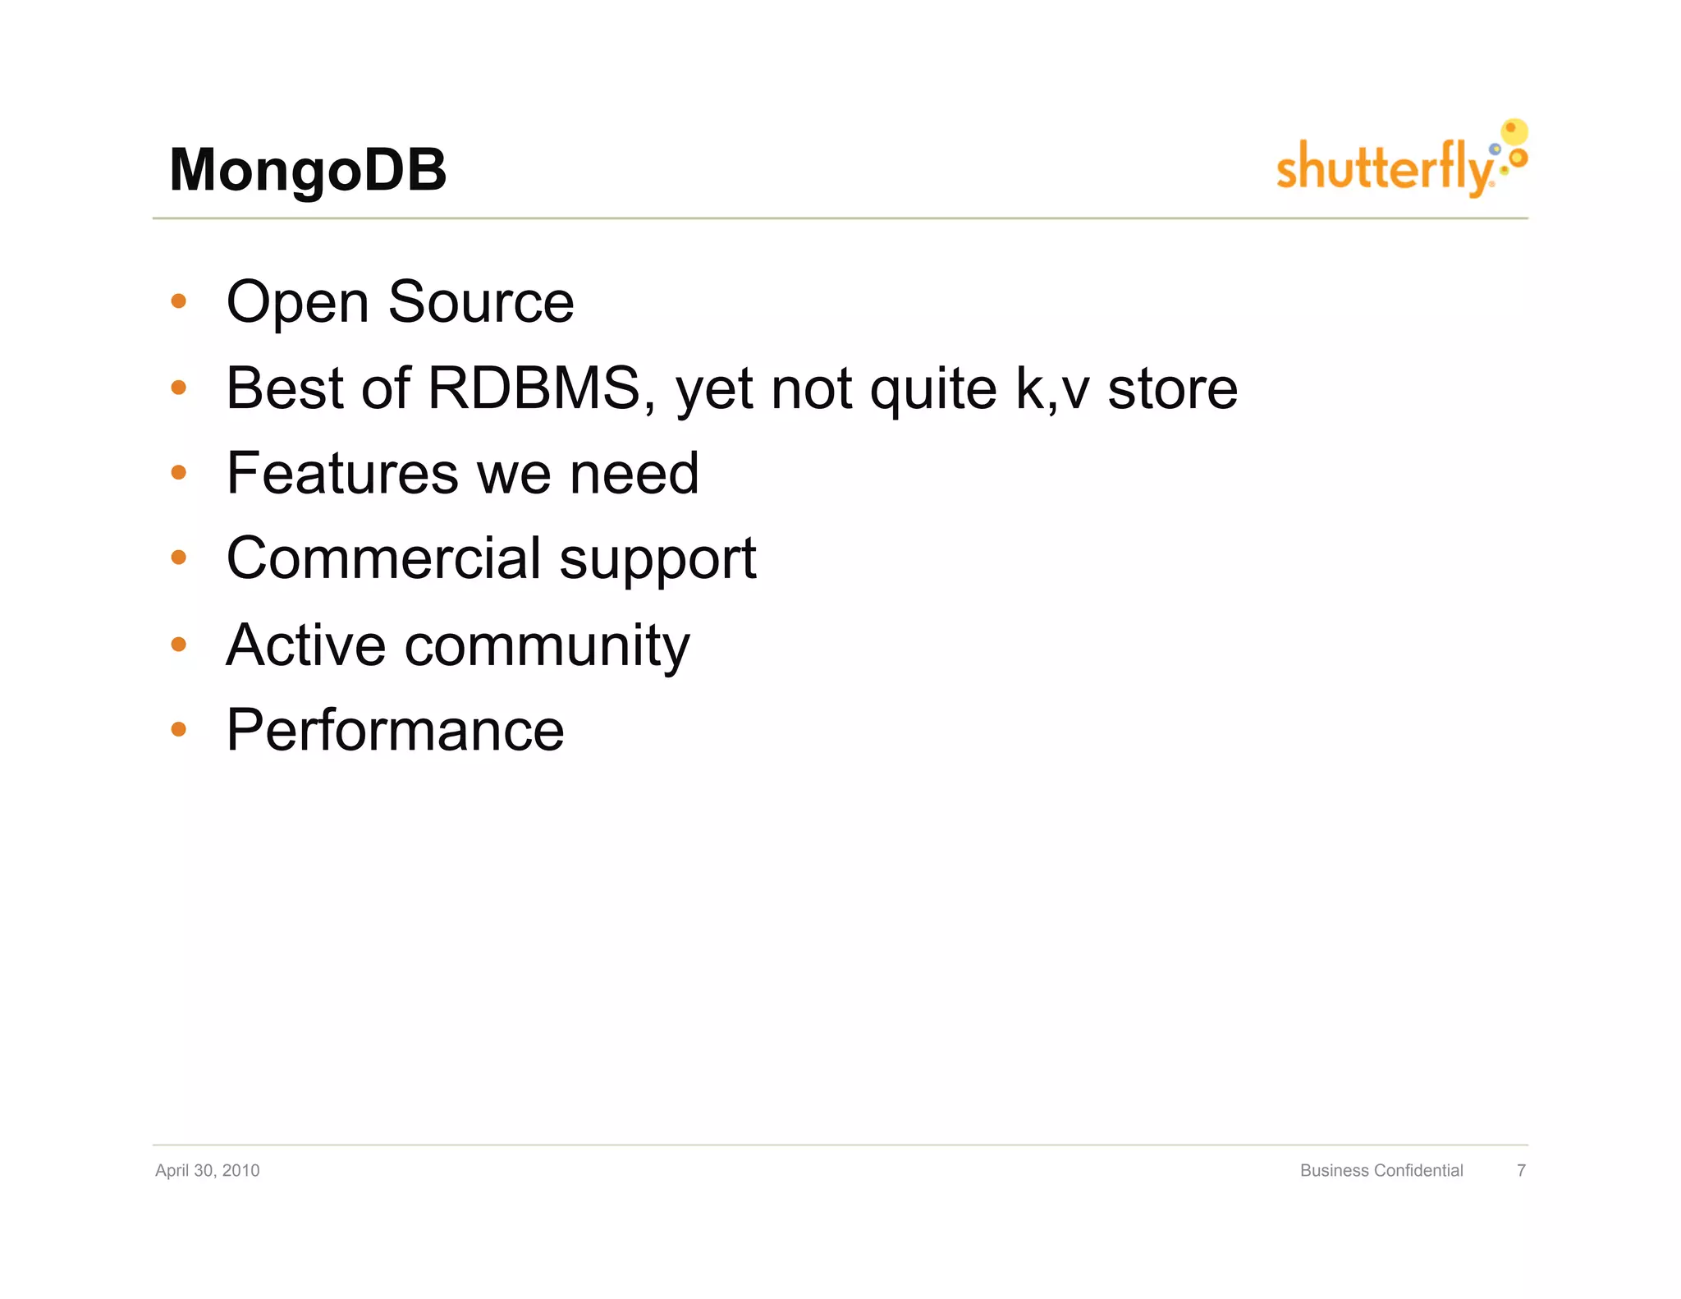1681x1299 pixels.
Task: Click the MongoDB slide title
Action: (308, 170)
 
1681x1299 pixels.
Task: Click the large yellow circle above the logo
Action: (1514, 131)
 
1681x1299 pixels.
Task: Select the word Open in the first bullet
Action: (297, 304)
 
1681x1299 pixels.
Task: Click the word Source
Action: (480, 302)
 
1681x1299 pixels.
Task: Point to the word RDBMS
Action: (534, 388)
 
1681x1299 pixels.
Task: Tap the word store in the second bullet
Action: (1172, 389)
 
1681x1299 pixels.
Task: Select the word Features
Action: (342, 474)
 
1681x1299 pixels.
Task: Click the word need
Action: (634, 474)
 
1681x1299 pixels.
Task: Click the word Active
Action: (305, 645)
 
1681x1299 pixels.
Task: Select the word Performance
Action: (395, 730)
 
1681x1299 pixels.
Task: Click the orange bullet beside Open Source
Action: (179, 301)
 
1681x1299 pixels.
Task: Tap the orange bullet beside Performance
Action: (179, 729)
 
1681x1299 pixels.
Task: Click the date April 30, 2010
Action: (207, 1170)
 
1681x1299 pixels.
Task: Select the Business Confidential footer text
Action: (1381, 1170)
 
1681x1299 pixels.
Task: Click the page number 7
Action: (1521, 1170)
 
